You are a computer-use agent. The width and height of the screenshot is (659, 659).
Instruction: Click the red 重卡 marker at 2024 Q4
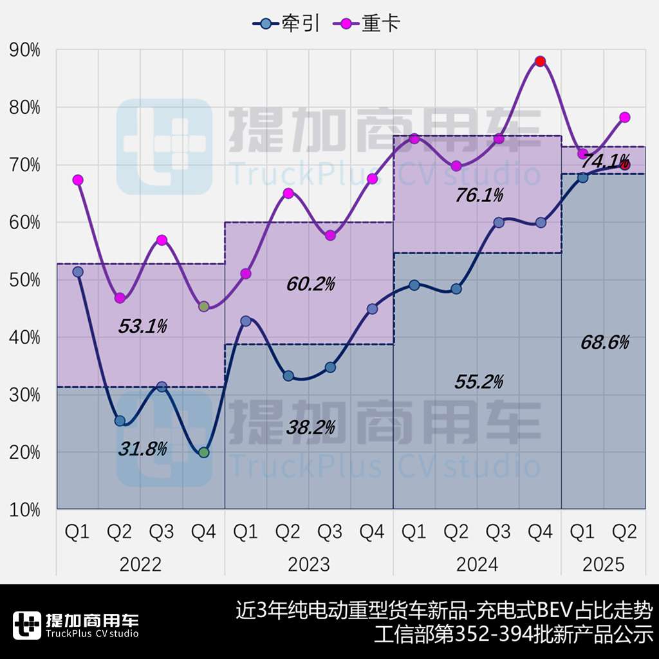pyautogui.click(x=541, y=61)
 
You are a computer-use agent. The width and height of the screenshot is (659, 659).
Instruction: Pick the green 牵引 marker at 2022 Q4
pyautogui.click(x=204, y=452)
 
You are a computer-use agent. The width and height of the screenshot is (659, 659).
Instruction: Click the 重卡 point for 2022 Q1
pyautogui.click(x=78, y=180)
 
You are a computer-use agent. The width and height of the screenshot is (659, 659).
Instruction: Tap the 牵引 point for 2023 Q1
pyautogui.click(x=246, y=321)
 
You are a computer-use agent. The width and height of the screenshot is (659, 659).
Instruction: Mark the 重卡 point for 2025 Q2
pyautogui.click(x=624, y=117)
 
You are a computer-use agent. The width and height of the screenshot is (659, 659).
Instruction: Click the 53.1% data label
pyautogui.click(x=142, y=327)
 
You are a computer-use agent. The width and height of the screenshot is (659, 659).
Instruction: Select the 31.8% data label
pyautogui.click(x=142, y=449)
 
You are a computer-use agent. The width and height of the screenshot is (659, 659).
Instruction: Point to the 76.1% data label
pyautogui.click(x=479, y=195)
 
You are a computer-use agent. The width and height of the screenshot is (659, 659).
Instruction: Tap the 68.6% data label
pyautogui.click(x=604, y=342)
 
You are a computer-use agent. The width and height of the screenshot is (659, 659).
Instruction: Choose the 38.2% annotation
pyautogui.click(x=311, y=427)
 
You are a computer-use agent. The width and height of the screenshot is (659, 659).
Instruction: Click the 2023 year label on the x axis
pyautogui.click(x=309, y=564)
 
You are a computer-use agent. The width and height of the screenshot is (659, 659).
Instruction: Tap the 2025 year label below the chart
pyautogui.click(x=604, y=564)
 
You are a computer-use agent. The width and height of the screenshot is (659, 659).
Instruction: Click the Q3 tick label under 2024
pyautogui.click(x=498, y=532)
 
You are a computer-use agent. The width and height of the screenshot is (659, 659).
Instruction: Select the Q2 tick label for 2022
pyautogui.click(x=120, y=532)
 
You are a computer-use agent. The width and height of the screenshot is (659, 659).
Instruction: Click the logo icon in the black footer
pyautogui.click(x=26, y=625)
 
